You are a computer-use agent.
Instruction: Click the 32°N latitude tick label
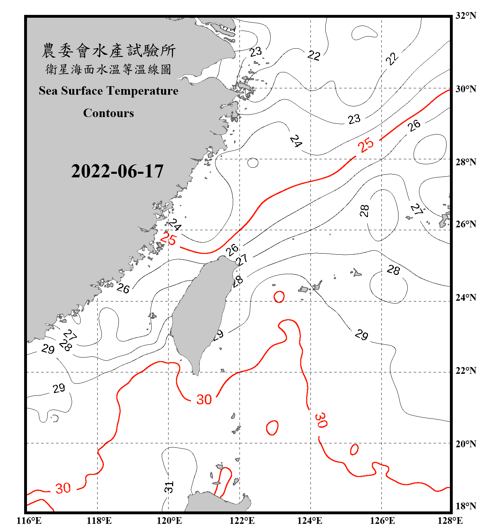click(x=466, y=16)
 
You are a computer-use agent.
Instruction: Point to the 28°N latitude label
click(x=466, y=162)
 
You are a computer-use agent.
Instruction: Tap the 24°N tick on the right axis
click(x=466, y=297)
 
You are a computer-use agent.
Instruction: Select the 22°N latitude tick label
click(x=466, y=371)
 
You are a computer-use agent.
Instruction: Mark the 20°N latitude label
click(x=466, y=444)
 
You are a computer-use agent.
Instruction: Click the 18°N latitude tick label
click(x=466, y=506)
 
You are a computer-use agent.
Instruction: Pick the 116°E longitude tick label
click(x=29, y=521)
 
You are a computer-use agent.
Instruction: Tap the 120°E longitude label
click(x=169, y=521)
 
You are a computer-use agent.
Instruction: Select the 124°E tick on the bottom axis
click(x=310, y=521)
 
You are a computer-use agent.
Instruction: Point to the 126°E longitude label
click(x=382, y=521)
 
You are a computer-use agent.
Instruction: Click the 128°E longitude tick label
click(x=450, y=521)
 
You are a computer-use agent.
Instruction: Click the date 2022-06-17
click(x=117, y=171)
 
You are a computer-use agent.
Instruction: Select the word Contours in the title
click(x=109, y=113)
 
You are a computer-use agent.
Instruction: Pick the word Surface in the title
click(x=82, y=91)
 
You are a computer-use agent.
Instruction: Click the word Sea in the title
click(x=48, y=91)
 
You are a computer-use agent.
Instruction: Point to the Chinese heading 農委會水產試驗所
click(x=109, y=50)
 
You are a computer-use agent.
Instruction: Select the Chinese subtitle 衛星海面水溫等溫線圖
click(x=109, y=69)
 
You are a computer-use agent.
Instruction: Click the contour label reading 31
click(x=169, y=487)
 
